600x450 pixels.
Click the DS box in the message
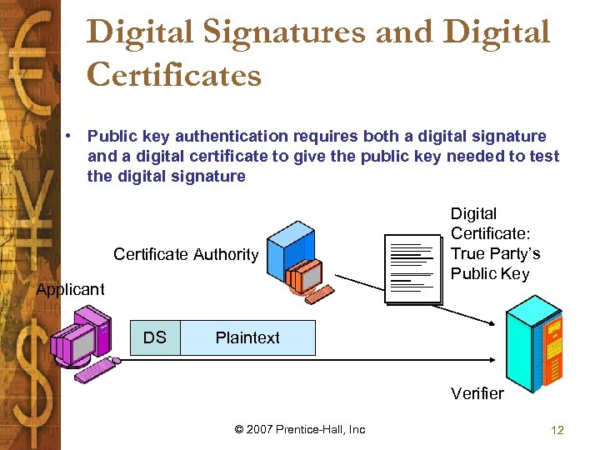point(155,337)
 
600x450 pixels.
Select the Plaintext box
point(247,337)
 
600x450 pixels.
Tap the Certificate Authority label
point(186,254)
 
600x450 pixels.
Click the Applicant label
point(70,289)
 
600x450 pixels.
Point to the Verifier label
point(477,393)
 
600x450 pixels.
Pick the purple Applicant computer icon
point(81,338)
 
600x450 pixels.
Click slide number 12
point(557,430)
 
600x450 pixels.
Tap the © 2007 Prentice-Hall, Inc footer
point(300,429)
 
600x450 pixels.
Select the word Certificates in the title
point(174,74)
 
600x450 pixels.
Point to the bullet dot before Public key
point(75,136)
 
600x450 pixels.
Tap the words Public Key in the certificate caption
point(490,273)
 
